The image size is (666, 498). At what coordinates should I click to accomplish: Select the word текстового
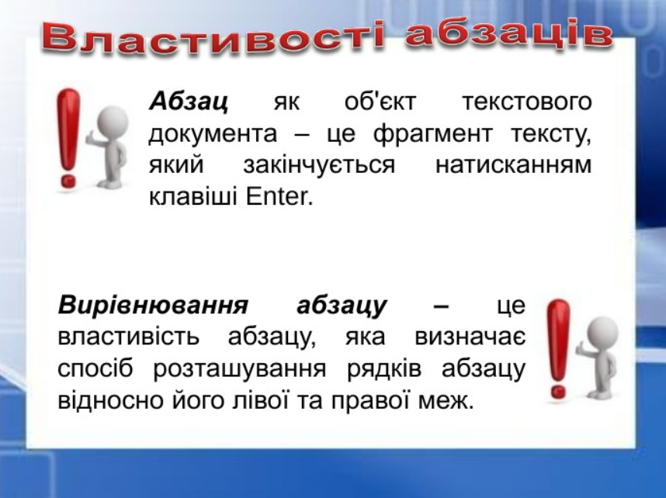click(526, 102)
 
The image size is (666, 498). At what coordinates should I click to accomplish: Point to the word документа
click(213, 134)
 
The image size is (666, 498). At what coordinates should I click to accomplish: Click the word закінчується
click(319, 165)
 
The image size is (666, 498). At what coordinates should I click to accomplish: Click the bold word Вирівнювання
click(153, 306)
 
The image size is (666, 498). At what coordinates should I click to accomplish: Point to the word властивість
click(128, 337)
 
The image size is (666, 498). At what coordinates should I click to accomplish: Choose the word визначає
click(470, 337)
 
